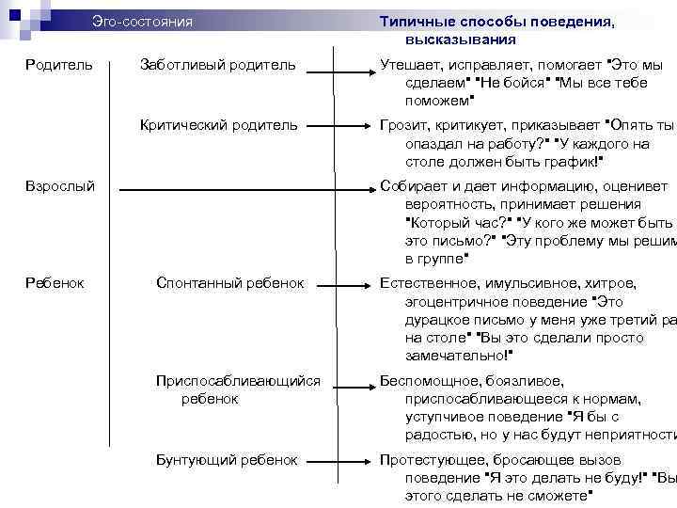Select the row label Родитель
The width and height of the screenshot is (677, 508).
(59, 65)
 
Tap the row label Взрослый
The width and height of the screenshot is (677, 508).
(59, 187)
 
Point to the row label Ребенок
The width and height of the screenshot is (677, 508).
(55, 283)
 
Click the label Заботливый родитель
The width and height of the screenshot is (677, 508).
(217, 65)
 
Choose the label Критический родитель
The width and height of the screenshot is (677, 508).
(218, 124)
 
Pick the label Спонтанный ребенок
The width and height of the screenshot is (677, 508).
(230, 283)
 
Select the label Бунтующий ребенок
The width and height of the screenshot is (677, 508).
(227, 460)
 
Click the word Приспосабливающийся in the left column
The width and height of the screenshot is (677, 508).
(238, 381)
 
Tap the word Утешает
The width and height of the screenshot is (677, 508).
(409, 65)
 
